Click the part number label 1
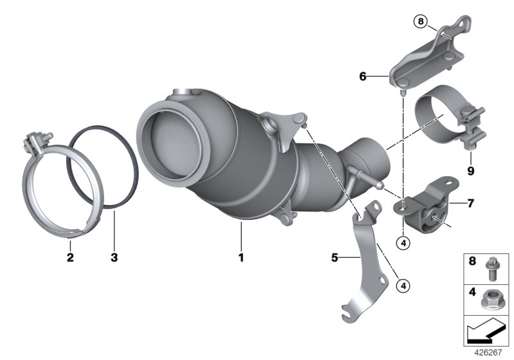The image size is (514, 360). click(x=242, y=258)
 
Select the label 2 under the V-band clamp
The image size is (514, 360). click(x=70, y=258)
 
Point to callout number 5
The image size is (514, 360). click(x=334, y=258)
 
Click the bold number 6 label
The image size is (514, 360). click(x=363, y=76)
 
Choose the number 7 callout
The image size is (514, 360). click(x=470, y=204)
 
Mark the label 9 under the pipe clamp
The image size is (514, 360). click(x=470, y=171)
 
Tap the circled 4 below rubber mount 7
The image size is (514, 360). click(x=403, y=244)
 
